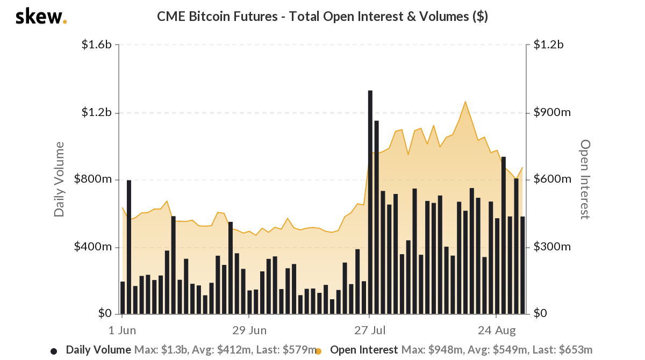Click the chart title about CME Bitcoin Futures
click(322, 16)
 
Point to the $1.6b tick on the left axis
click(96, 45)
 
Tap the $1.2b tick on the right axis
click(548, 45)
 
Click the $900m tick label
click(552, 113)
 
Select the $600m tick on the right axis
click(552, 179)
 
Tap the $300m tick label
click(552, 247)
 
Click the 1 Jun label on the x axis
click(122, 329)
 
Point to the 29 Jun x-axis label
click(249, 329)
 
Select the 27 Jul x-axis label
click(370, 329)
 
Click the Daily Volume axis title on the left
click(59, 179)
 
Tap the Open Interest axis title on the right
click(585, 179)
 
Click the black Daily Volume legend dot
click(54, 351)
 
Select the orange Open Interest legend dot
click(318, 351)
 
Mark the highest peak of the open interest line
click(465, 102)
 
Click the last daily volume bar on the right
click(522, 265)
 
